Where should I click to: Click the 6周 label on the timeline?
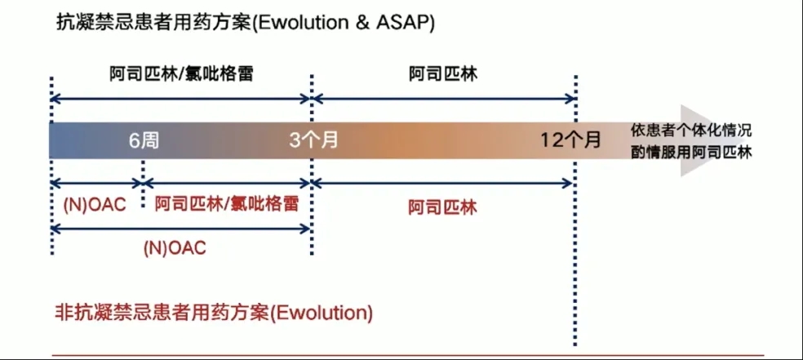tap(144, 140)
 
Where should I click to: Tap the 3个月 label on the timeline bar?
tap(314, 140)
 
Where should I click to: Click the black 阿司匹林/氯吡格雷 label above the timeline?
tap(181, 74)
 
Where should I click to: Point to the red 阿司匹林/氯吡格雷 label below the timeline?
tap(227, 204)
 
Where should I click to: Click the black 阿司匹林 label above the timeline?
tap(443, 74)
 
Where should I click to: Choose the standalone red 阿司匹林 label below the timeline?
tap(443, 207)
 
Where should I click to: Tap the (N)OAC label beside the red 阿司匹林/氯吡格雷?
tap(94, 205)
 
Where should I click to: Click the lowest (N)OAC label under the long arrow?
tap(175, 248)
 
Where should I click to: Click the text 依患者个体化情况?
tap(691, 130)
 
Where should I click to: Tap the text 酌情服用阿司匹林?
tap(691, 153)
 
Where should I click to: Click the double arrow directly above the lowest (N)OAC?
tap(181, 229)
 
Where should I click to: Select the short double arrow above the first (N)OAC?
tap(96, 183)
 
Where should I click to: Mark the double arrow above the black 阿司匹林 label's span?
tap(443, 98)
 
